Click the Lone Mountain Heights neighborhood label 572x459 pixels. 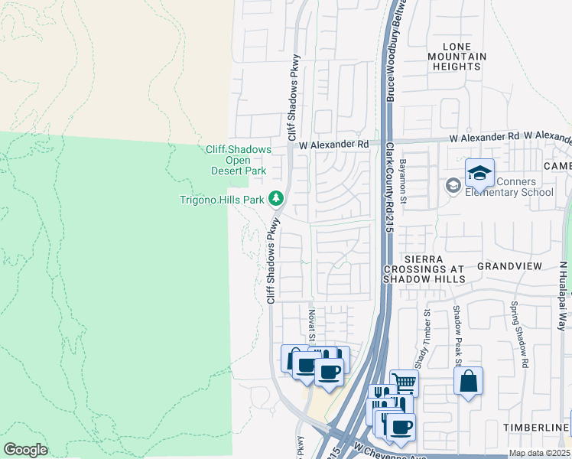[457, 57]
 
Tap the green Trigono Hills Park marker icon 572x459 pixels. [277, 199]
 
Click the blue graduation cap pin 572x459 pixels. [479, 173]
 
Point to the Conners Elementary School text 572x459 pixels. [510, 187]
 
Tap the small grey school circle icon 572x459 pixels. [453, 185]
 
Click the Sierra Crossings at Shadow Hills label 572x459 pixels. [424, 269]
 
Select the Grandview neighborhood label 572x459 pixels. [509, 266]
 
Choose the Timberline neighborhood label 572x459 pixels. [536, 426]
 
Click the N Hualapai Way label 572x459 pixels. [564, 290]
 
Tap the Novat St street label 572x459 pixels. [312, 324]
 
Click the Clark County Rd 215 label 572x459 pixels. [389, 187]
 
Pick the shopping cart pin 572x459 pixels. [404, 382]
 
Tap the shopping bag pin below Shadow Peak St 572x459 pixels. [468, 381]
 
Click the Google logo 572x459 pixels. [25, 450]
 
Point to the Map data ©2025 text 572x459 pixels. [539, 453]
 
